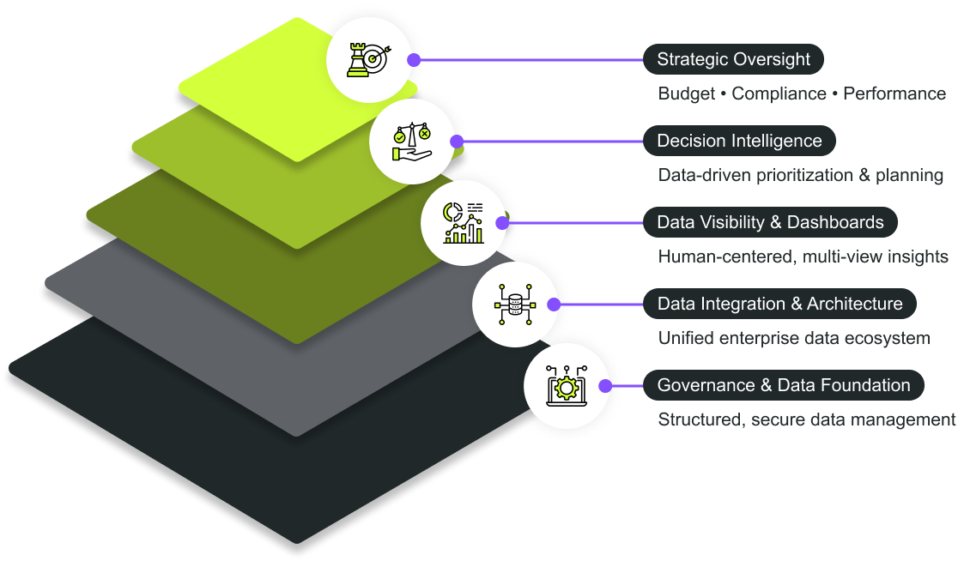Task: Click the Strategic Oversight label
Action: point(733,59)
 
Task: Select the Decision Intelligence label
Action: point(739,141)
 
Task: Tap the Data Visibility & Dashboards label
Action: point(770,222)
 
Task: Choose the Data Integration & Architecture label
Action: point(779,304)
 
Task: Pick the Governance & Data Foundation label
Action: point(784,385)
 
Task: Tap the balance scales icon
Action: point(410,142)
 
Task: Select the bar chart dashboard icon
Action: point(462,223)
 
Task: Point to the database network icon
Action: point(513,305)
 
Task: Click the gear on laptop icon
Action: point(565,386)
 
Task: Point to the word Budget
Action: point(686,93)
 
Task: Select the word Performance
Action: point(894,93)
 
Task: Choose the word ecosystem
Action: point(887,338)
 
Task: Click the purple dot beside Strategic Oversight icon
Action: point(415,60)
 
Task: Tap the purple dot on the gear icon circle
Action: point(605,386)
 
